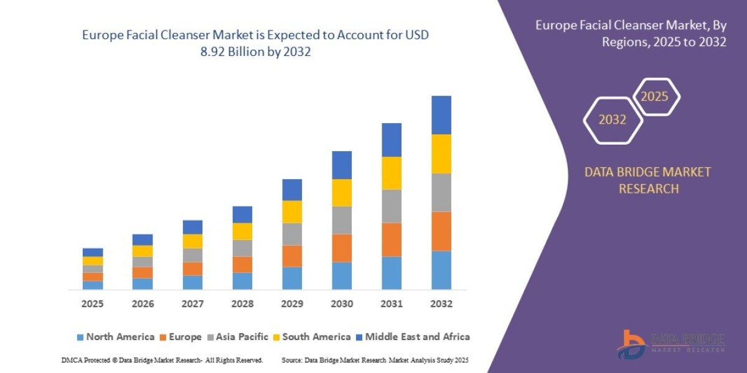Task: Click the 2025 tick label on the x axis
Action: (92, 305)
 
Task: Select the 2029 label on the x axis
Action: (292, 305)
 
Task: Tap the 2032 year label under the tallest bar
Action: (441, 305)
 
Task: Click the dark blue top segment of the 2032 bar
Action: (441, 115)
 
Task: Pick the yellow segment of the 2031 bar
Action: (392, 173)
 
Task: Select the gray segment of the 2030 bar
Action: (342, 220)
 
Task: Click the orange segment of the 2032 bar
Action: (441, 231)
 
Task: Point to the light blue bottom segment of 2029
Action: (292, 278)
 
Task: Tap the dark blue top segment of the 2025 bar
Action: (93, 252)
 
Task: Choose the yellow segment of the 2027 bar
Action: (192, 241)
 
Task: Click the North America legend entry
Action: (115, 337)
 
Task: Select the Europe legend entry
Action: (181, 337)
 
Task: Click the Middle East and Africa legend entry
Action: (412, 337)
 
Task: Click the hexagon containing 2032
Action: (613, 120)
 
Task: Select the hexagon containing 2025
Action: (655, 97)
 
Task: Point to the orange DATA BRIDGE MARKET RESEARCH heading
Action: (647, 180)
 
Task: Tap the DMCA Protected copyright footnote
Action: (162, 360)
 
